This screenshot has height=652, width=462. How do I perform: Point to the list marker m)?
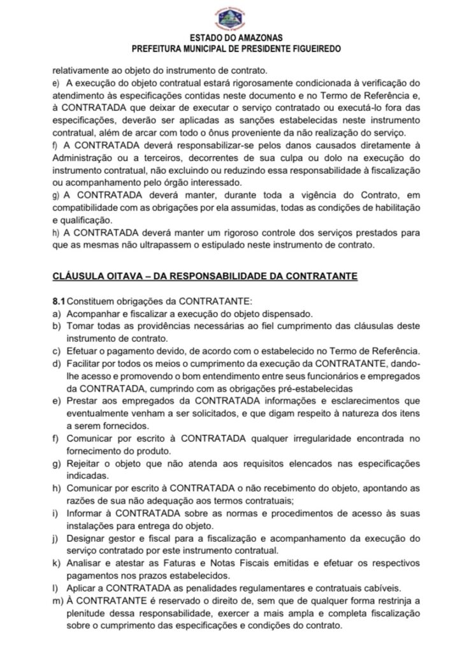tap(58, 600)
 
